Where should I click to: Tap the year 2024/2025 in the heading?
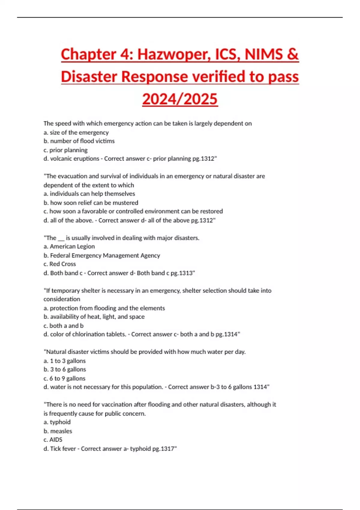click(x=180, y=99)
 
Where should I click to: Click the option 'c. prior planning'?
click(x=65, y=150)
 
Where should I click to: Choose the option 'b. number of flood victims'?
click(x=79, y=141)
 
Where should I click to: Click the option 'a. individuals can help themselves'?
click(x=89, y=194)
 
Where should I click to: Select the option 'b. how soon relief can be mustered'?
click(x=91, y=203)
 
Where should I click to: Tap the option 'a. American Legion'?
click(x=69, y=247)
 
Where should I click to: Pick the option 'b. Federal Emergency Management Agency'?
click(x=102, y=256)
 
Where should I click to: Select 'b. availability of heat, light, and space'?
click(x=94, y=317)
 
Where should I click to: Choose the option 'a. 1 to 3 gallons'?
click(x=64, y=361)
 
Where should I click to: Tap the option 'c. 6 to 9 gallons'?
click(x=64, y=379)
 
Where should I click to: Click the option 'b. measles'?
click(x=58, y=431)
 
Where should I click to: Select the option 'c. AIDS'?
click(x=53, y=440)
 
